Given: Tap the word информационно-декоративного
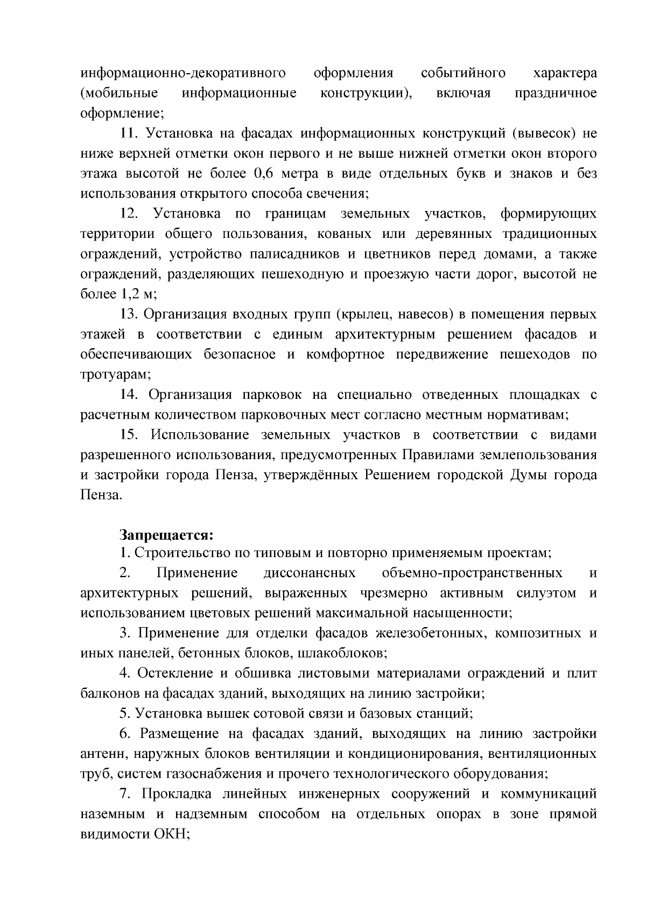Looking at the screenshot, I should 182,73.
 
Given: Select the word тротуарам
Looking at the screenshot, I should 114,375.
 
